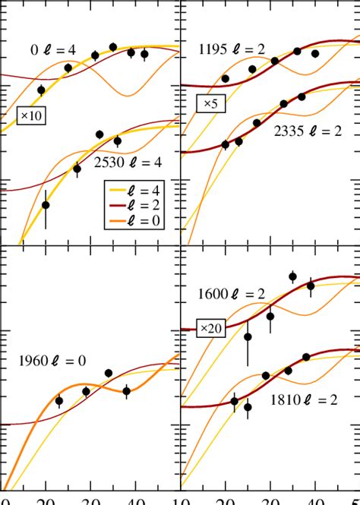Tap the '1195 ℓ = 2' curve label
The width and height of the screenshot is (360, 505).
click(231, 50)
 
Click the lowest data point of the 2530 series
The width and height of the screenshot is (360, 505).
click(46, 205)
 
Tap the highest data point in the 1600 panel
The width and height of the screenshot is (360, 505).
click(292, 276)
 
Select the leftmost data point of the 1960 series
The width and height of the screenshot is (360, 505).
click(59, 401)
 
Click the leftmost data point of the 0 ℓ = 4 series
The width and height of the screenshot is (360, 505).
click(41, 90)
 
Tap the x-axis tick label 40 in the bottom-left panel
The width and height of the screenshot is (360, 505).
click(136, 499)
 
